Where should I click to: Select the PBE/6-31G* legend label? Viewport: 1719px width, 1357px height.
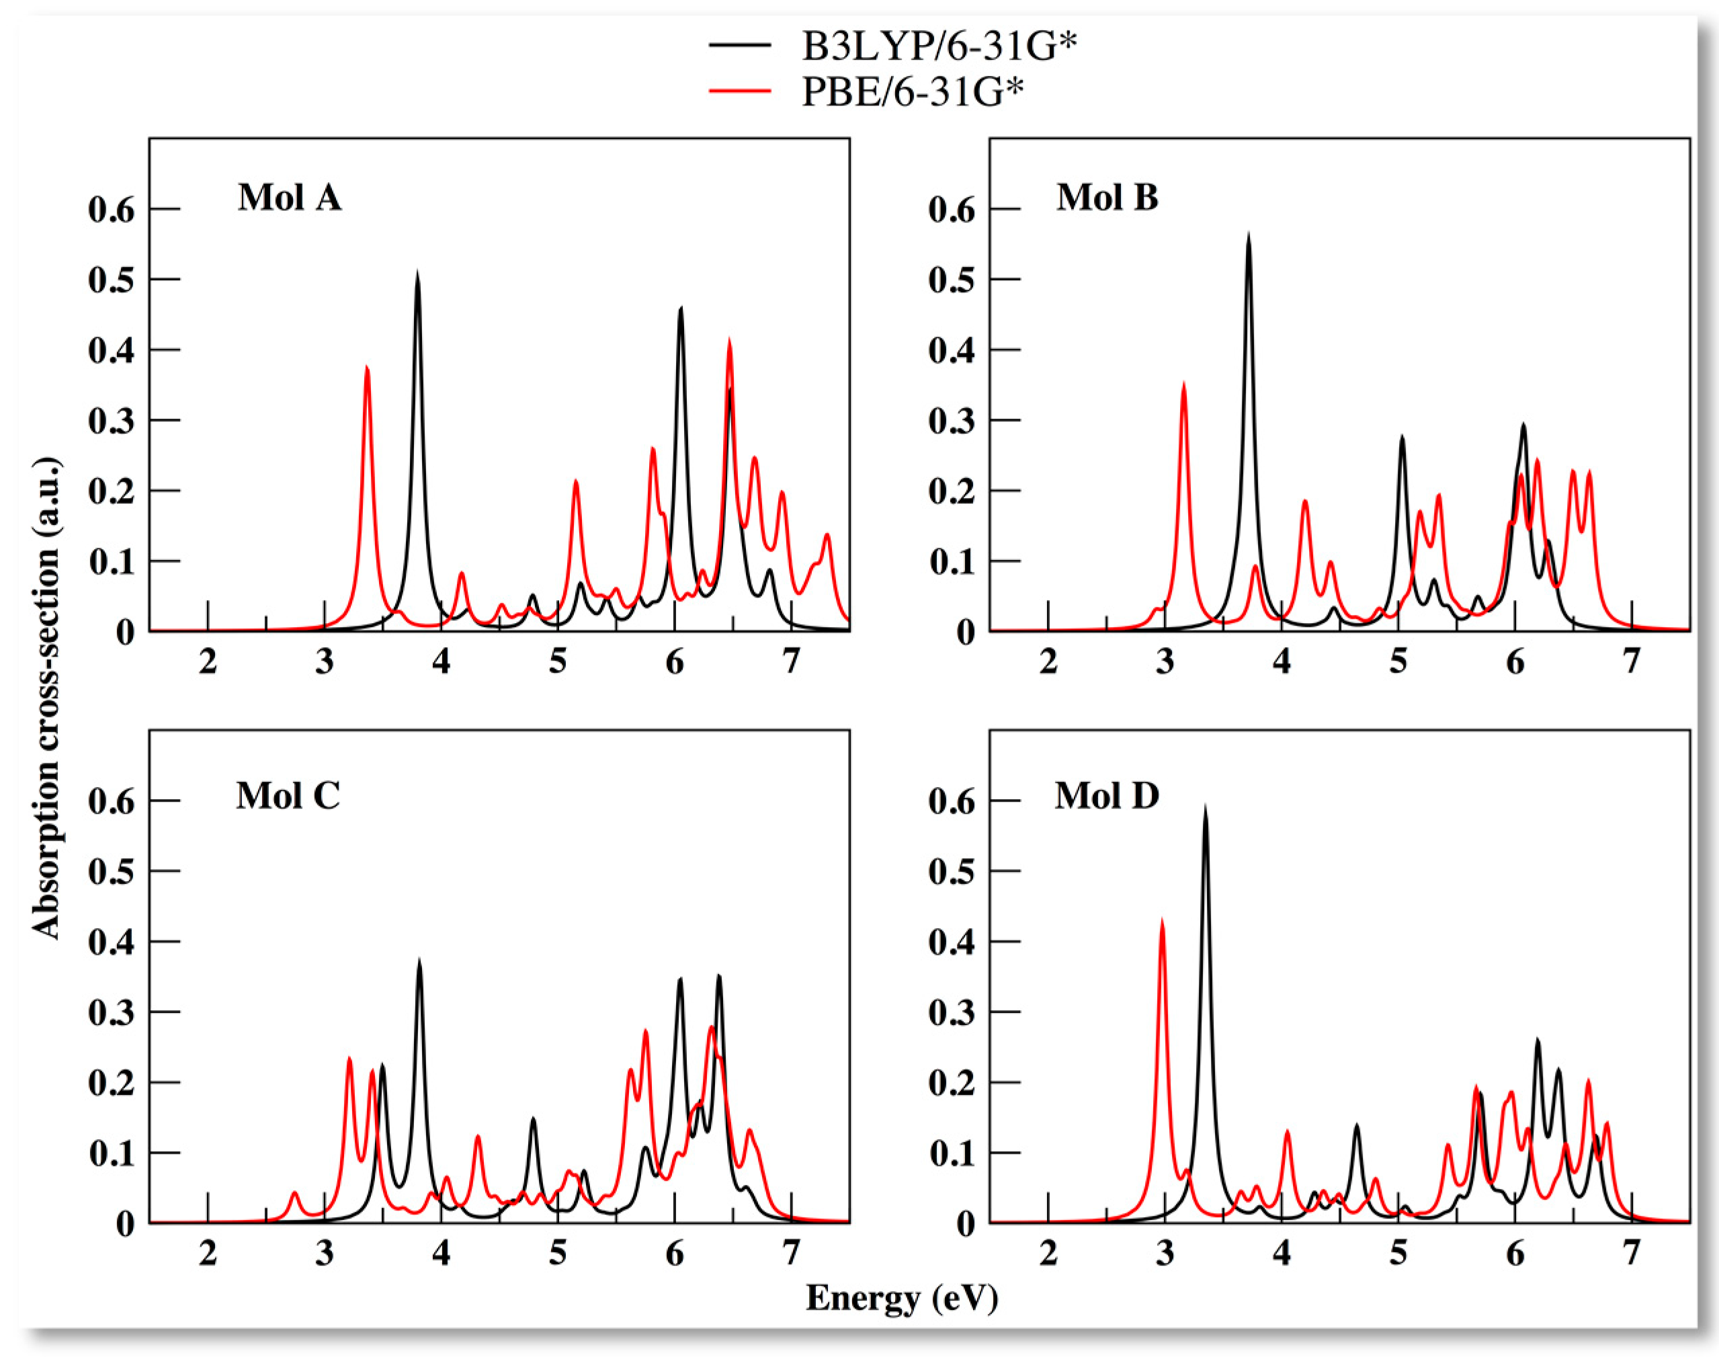tap(912, 91)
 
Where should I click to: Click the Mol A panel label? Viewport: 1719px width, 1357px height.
tap(290, 197)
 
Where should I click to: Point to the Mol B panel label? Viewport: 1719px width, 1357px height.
tap(1107, 197)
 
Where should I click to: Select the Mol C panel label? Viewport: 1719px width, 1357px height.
tap(288, 795)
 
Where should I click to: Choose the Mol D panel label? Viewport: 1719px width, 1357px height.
tap(1107, 795)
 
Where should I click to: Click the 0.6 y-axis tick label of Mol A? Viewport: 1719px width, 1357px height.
tap(111, 210)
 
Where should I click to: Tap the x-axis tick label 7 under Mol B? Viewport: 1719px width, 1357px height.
tap(1632, 661)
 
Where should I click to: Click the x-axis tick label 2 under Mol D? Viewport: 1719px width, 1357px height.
tap(1048, 1253)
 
